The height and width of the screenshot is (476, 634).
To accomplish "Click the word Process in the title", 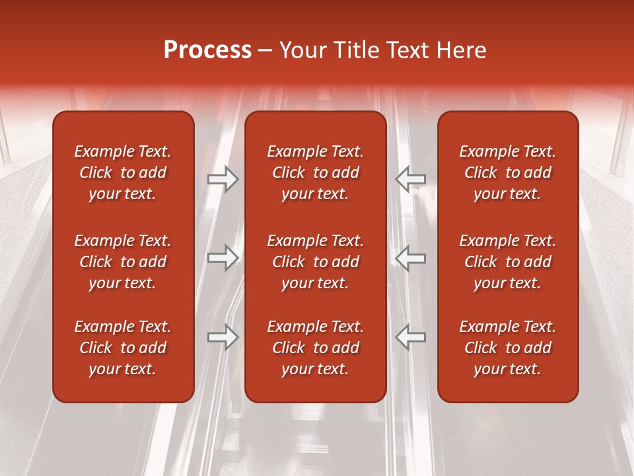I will point(207,50).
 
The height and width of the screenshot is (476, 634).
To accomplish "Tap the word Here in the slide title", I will point(462,50).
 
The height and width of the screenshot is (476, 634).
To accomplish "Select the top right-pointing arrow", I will point(223,179).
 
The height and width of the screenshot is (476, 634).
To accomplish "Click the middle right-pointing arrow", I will point(223,257).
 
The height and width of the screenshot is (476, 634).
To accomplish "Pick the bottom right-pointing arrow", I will point(223,337).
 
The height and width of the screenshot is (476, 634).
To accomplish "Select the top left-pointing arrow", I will point(410,179).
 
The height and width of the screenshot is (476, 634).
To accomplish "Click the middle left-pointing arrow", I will point(410,257).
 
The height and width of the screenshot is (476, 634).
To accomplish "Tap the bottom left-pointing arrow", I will point(410,337).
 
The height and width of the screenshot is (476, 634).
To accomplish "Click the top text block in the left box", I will point(123,173).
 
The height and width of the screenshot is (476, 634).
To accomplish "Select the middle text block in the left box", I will point(123,262).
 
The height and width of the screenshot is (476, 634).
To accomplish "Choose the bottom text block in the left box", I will point(123,348).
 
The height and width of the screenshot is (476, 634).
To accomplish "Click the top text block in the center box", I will point(315,173).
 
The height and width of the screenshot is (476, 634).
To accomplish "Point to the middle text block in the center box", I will point(315,262).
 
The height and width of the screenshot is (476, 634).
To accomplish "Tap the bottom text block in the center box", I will point(315,348).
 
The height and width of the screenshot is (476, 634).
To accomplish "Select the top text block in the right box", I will point(507,173).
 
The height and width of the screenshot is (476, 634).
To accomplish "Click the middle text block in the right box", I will point(507,262).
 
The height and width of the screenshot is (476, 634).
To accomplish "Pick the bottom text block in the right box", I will point(507,348).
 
